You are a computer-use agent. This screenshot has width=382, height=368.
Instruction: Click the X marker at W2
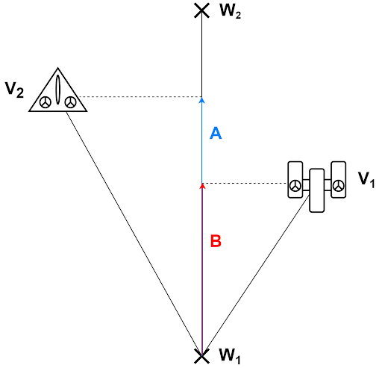(x=201, y=10)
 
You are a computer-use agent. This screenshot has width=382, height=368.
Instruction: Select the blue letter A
(x=215, y=133)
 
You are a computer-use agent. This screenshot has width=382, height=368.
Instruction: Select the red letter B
(x=215, y=241)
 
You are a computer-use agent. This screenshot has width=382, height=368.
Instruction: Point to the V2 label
(x=14, y=90)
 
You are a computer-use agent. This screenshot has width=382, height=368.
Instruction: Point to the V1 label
(x=366, y=179)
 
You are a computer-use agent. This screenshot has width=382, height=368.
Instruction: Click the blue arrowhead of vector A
(x=201, y=99)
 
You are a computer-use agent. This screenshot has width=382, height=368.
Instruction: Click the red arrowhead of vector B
(x=201, y=184)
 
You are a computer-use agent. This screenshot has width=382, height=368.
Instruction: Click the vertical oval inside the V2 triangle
(x=57, y=90)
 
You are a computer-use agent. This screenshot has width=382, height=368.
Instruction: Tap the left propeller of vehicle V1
(x=296, y=185)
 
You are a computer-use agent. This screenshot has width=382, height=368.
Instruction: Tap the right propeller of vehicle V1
(x=338, y=184)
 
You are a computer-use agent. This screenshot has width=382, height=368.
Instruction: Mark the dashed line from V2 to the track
(x=142, y=97)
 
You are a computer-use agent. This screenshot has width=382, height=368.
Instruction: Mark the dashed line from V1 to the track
(x=246, y=183)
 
